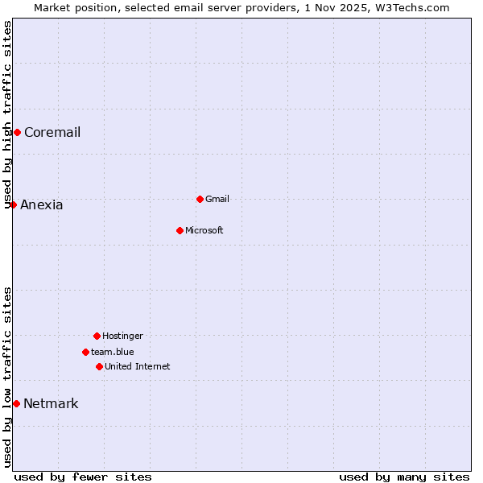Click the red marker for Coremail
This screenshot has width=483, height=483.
(17, 132)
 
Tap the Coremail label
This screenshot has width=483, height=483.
(52, 133)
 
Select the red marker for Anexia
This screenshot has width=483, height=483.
(13, 204)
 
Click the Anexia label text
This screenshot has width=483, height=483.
(42, 205)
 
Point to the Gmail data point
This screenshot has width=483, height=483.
(200, 199)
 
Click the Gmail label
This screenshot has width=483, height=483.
(217, 200)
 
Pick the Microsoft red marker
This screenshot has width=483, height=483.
(180, 230)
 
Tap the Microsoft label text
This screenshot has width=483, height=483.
(204, 231)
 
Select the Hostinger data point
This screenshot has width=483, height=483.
(97, 336)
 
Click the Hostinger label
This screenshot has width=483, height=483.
(122, 336)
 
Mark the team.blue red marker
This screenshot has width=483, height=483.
(85, 352)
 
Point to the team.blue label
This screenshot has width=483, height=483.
(113, 353)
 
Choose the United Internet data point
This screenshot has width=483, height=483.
(99, 366)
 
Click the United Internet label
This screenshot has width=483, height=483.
(138, 367)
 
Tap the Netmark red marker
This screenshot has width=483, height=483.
(16, 403)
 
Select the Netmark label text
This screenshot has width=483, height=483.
(51, 404)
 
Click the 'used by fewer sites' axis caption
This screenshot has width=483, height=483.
(83, 477)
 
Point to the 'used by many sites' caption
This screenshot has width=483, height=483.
(404, 477)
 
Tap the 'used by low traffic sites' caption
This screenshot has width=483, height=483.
(8, 377)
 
